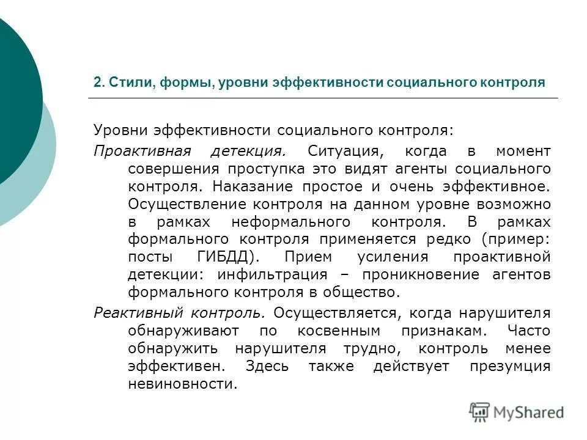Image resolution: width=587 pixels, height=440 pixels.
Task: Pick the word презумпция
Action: (x=510, y=367)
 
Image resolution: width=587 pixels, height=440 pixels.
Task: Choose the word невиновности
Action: (x=182, y=384)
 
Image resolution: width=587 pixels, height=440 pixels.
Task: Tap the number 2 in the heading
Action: (x=97, y=82)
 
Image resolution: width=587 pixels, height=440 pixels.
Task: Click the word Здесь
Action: (x=267, y=367)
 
